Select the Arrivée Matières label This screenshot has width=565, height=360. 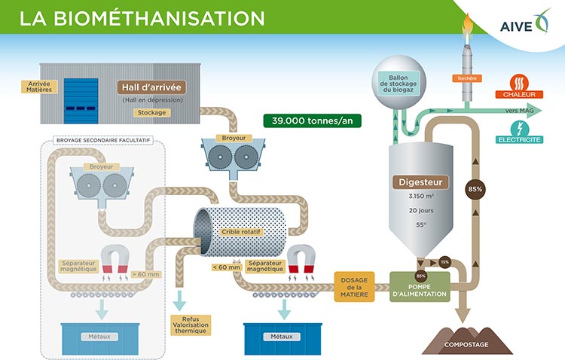[38, 87]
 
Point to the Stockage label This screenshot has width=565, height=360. [151, 113]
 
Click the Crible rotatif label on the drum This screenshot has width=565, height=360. [242, 232]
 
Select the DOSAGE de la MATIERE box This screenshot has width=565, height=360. [356, 286]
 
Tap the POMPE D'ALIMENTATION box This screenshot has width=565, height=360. [420, 288]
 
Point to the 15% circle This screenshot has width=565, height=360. [444, 261]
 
